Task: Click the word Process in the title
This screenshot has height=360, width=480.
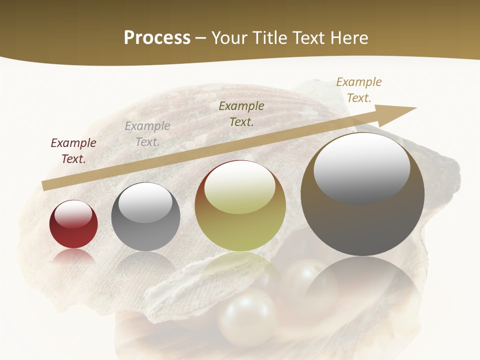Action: tap(157, 38)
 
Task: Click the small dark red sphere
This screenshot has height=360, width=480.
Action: tap(73, 225)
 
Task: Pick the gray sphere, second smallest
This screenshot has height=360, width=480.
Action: tap(145, 217)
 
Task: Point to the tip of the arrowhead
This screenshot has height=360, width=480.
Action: tap(415, 107)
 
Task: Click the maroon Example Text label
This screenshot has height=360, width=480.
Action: tap(73, 150)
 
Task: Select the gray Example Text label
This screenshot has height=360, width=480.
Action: tap(147, 134)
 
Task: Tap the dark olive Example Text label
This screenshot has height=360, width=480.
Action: tap(241, 113)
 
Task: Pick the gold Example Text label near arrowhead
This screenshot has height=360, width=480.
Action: tap(359, 90)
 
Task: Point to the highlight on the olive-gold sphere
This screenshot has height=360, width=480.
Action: tap(240, 187)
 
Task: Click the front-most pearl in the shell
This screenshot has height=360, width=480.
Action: tap(247, 317)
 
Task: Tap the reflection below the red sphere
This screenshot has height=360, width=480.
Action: tap(73, 257)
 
